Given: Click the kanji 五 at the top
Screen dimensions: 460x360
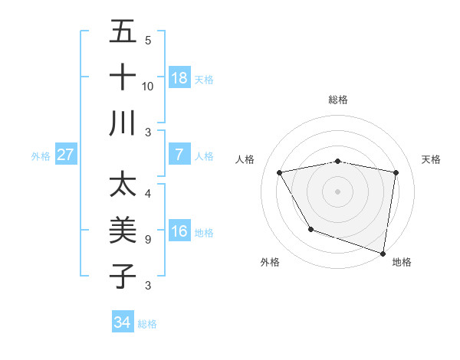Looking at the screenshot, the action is click(123, 33).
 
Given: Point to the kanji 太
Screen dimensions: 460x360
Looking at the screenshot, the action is click(123, 185).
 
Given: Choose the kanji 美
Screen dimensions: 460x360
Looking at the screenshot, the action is click(123, 230).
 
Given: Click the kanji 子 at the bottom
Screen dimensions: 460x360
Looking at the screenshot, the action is click(123, 275).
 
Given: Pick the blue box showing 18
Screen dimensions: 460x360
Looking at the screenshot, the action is click(179, 78).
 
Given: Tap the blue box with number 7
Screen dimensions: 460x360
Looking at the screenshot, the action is click(179, 155).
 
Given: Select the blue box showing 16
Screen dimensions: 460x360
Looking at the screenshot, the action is click(179, 231).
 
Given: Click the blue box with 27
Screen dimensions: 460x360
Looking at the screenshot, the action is click(66, 155).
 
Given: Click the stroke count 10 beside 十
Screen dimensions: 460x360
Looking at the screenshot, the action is click(148, 87).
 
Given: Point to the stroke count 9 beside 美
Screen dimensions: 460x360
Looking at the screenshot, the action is click(147, 240).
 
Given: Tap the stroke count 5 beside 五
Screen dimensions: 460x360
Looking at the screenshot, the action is click(147, 41).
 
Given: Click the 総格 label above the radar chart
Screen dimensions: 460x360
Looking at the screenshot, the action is click(337, 100).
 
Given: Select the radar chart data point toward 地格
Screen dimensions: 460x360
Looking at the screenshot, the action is click(383, 252).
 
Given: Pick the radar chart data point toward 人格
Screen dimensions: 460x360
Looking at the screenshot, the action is click(280, 172).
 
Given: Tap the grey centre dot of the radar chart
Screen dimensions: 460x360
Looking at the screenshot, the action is click(337, 191).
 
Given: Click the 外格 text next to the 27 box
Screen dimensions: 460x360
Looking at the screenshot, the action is click(41, 155).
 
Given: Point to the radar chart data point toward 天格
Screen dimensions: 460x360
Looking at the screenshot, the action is click(396, 172).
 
